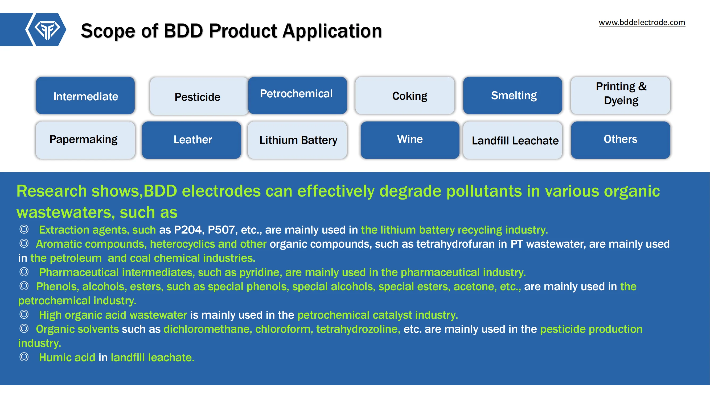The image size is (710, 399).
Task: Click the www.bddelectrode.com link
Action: pos(642,22)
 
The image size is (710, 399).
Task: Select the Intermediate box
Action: pos(85,95)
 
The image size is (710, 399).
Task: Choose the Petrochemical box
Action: pos(298,95)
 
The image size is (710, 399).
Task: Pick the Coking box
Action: pos(405,95)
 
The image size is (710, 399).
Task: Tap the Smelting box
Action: pos(513,95)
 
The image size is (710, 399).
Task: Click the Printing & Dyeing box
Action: pos(621,95)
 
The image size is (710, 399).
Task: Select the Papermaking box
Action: pos(85,140)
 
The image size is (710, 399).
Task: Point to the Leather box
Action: pos(192,140)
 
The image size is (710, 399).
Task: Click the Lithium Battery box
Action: pos(297,140)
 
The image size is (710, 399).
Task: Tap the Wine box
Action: pos(410,140)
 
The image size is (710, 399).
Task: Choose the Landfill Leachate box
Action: pos(513,140)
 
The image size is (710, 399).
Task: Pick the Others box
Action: pos(621,140)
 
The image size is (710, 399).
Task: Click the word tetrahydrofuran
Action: pos(455,244)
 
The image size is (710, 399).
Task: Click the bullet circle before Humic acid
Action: pos(24,357)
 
